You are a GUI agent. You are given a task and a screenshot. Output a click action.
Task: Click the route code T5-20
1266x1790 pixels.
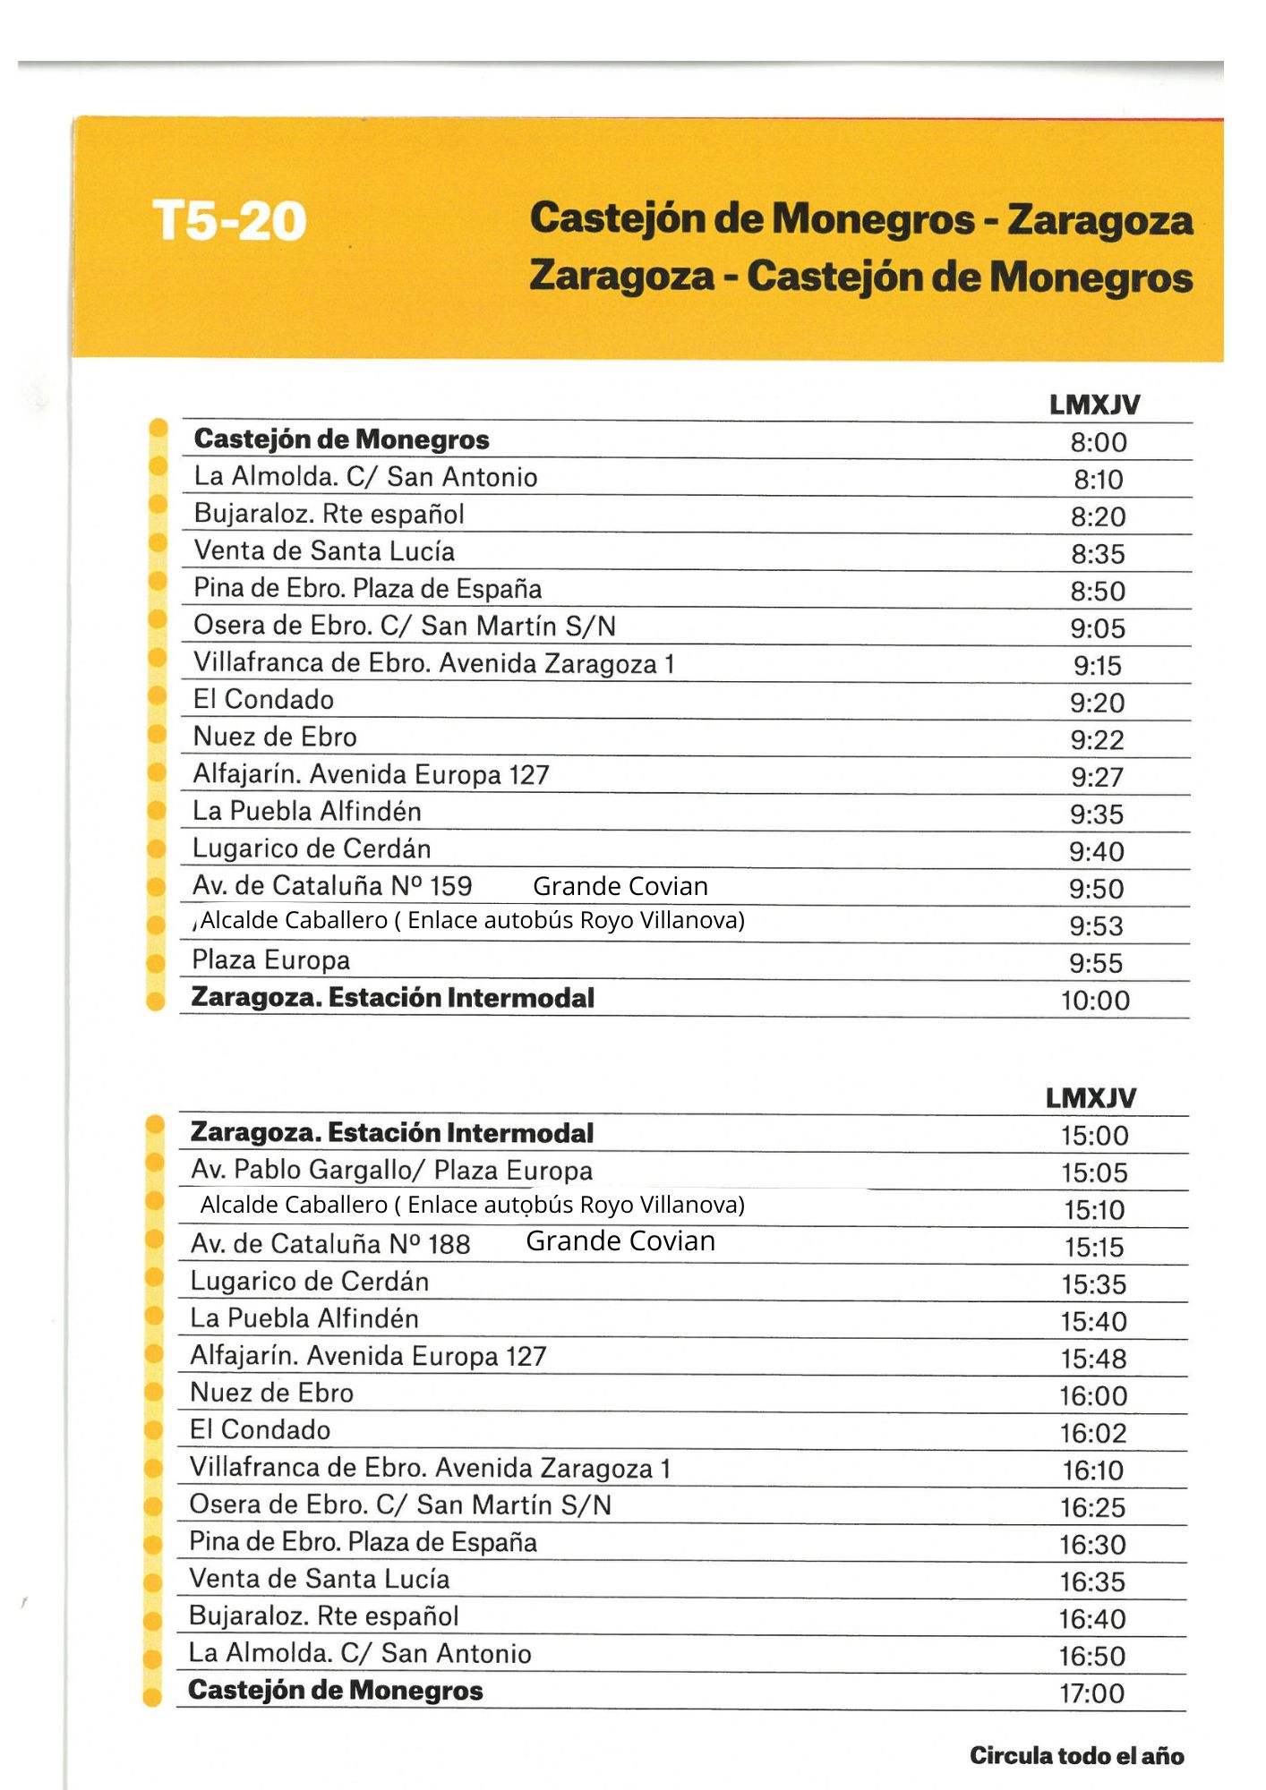(x=229, y=220)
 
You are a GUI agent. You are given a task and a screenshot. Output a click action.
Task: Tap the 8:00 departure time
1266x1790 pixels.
(x=1099, y=442)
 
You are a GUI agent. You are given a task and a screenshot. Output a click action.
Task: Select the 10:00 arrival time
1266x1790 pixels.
(x=1096, y=1000)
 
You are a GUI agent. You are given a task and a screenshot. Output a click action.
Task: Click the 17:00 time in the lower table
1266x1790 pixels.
(x=1092, y=1692)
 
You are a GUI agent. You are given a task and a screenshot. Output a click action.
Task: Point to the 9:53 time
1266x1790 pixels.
(x=1097, y=925)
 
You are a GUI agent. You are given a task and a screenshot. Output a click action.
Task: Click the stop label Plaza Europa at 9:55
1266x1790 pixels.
(x=270, y=960)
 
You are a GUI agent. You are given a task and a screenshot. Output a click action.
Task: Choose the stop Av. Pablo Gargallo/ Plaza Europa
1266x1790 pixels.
(x=391, y=1170)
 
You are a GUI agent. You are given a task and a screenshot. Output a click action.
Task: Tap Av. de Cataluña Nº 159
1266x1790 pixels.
(x=332, y=886)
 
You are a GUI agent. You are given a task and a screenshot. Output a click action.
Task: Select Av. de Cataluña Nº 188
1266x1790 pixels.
(x=330, y=1243)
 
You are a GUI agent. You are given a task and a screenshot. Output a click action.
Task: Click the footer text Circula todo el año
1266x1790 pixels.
(x=1076, y=1755)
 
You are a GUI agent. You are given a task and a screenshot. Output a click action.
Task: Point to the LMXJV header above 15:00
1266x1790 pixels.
(x=1091, y=1097)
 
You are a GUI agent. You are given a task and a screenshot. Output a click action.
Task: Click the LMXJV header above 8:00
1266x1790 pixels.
(x=1095, y=405)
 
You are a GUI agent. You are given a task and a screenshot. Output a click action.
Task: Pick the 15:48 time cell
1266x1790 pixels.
(x=1093, y=1359)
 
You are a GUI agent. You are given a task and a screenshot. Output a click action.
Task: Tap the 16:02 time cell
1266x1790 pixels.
(x=1092, y=1433)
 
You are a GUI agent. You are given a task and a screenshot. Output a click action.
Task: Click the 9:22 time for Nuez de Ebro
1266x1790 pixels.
(x=1097, y=740)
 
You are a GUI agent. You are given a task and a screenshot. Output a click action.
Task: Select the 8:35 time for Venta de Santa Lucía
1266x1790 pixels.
(x=1098, y=554)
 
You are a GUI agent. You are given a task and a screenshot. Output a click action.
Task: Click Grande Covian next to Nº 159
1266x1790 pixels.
(x=620, y=886)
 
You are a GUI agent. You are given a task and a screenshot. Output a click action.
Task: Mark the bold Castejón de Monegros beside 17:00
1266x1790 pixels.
(x=336, y=1690)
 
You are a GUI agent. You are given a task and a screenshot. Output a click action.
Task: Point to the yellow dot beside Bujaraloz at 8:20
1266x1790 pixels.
(x=158, y=504)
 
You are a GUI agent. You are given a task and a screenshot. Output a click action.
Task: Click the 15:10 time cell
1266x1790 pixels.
(x=1094, y=1210)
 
